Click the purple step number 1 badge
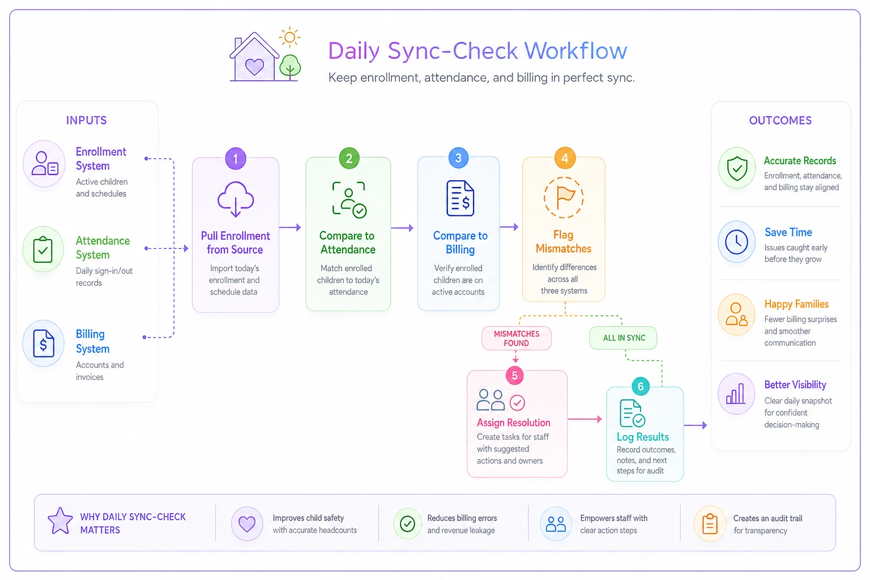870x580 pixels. pyautogui.click(x=236, y=159)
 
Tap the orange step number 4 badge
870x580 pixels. pyautogui.click(x=565, y=157)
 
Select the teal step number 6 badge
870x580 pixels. pyautogui.click(x=641, y=386)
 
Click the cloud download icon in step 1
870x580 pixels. pyautogui.click(x=236, y=199)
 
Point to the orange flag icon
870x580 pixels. pyautogui.click(x=564, y=197)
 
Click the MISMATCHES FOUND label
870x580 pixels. pyautogui.click(x=517, y=338)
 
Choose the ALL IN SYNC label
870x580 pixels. pyautogui.click(x=624, y=338)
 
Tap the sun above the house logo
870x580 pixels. pyautogui.click(x=289, y=37)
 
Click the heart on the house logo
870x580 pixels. pyautogui.click(x=254, y=66)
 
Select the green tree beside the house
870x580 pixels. pyautogui.click(x=290, y=67)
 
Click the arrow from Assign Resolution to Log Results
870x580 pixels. pyautogui.click(x=585, y=419)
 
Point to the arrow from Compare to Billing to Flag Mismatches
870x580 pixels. pyautogui.click(x=509, y=227)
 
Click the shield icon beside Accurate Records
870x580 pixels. pyautogui.click(x=737, y=168)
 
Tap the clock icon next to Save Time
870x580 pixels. pyautogui.click(x=736, y=242)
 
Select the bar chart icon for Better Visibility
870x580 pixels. pyautogui.click(x=736, y=394)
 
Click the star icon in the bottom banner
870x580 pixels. pyautogui.click(x=60, y=521)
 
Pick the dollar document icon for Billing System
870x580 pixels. pyautogui.click(x=44, y=343)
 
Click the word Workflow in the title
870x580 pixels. pyautogui.click(x=575, y=50)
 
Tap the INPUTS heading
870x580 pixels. pyautogui.click(x=86, y=121)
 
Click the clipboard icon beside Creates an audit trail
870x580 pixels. pyautogui.click(x=710, y=523)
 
